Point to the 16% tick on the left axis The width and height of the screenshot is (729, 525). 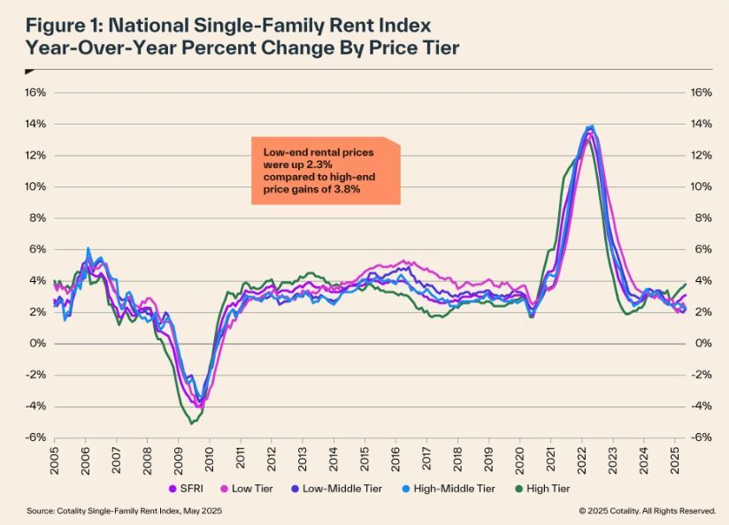[x=35, y=92]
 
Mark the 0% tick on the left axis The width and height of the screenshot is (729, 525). [x=37, y=343]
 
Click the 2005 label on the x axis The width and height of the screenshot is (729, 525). [x=54, y=455]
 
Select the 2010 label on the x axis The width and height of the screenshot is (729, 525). [x=210, y=455]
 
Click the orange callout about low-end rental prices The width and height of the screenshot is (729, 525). [x=325, y=171]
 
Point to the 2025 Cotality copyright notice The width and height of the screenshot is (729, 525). [x=647, y=511]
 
